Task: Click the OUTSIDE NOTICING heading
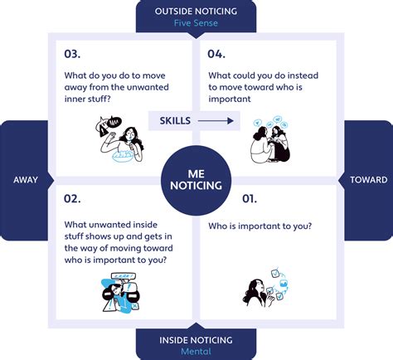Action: pos(196,12)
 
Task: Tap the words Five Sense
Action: pos(196,23)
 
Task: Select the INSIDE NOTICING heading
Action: pos(196,340)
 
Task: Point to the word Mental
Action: pos(196,352)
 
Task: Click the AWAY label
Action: pos(26,180)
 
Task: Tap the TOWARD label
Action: pos(369,180)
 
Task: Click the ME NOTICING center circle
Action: pos(196,180)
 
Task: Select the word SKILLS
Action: pos(175,120)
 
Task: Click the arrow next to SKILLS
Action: pos(216,120)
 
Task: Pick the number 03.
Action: pos(72,54)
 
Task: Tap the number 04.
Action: pos(216,54)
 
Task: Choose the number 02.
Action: pos(72,198)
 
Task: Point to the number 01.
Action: pos(250,198)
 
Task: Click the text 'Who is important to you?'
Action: pos(260,226)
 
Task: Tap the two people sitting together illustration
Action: pos(270,139)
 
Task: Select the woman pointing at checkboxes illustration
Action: pos(265,288)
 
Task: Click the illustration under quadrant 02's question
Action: pos(121,293)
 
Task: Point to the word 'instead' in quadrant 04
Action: pos(303,75)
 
